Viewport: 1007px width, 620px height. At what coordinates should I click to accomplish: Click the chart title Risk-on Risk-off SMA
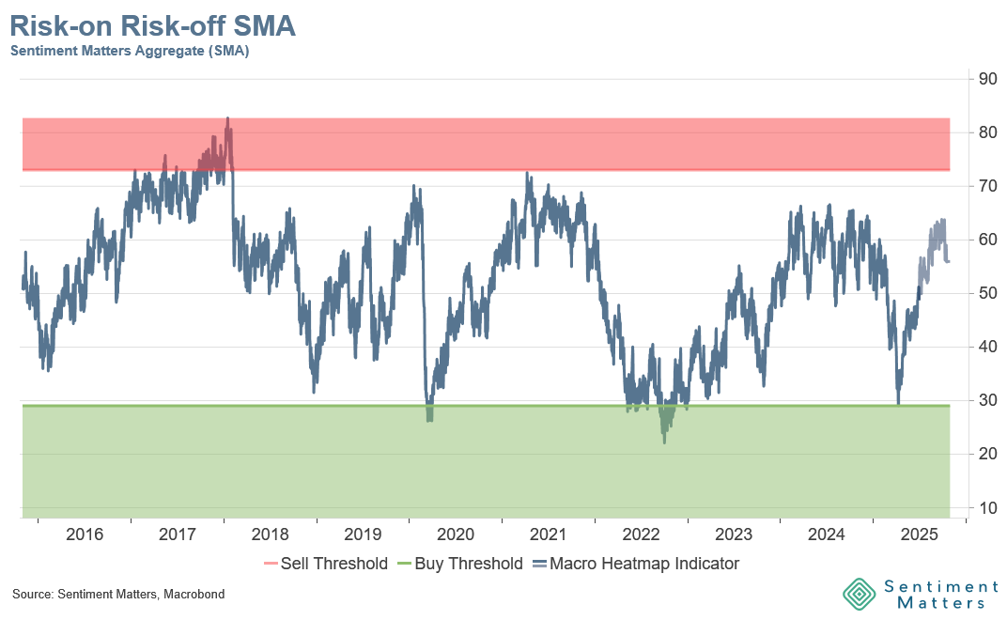click(x=153, y=26)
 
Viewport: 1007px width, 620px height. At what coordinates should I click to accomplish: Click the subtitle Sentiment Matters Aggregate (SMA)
click(x=130, y=52)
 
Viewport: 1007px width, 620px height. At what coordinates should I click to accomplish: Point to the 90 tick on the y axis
click(x=987, y=79)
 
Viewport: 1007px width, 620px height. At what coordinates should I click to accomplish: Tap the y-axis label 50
click(x=987, y=293)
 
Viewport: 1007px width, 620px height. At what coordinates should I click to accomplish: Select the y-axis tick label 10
click(x=987, y=508)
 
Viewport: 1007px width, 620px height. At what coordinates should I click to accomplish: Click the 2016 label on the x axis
click(x=85, y=535)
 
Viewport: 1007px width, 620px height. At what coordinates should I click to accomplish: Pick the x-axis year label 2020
click(x=456, y=535)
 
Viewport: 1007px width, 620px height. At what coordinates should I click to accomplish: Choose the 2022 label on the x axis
click(x=641, y=535)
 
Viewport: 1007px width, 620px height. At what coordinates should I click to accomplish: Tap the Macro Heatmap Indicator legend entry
click(x=635, y=564)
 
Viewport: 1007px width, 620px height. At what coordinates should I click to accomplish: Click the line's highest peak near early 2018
click(x=227, y=119)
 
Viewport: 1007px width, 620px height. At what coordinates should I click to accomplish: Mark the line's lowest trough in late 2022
click(x=664, y=442)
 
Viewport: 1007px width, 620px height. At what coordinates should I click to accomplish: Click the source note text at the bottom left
click(x=118, y=595)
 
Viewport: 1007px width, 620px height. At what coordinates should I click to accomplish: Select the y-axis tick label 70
click(x=987, y=186)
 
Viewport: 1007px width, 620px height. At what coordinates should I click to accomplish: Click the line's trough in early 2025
click(x=898, y=402)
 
